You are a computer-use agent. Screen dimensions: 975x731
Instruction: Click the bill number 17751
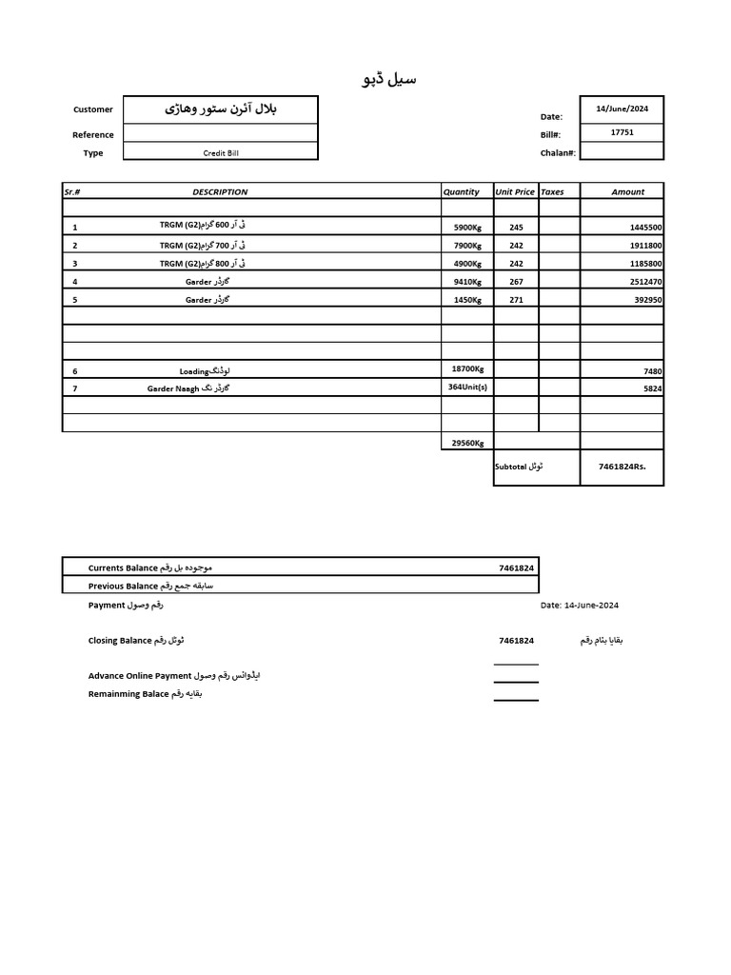[x=622, y=132]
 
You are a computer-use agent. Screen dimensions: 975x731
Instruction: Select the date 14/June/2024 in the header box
[x=622, y=109]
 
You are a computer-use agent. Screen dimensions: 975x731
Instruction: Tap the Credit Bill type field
[x=220, y=152]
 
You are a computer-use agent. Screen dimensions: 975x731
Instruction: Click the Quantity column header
[x=462, y=191]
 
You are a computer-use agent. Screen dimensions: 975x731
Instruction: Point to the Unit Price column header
[x=515, y=191]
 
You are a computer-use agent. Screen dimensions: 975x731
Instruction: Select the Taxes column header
[x=552, y=191]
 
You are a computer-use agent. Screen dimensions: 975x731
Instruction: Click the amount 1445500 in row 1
[x=645, y=228]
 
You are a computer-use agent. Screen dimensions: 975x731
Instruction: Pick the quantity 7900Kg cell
[x=467, y=246]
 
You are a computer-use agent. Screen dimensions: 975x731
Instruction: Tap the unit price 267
[x=516, y=281]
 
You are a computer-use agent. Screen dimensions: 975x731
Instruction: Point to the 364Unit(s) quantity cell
[x=466, y=387]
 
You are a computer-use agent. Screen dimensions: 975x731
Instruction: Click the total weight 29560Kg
[x=466, y=443]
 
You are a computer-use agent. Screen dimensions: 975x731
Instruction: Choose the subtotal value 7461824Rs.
[x=628, y=467]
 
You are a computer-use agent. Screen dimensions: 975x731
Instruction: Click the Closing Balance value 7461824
[x=516, y=641]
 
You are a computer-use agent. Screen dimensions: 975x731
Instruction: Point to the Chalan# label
[x=558, y=153]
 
